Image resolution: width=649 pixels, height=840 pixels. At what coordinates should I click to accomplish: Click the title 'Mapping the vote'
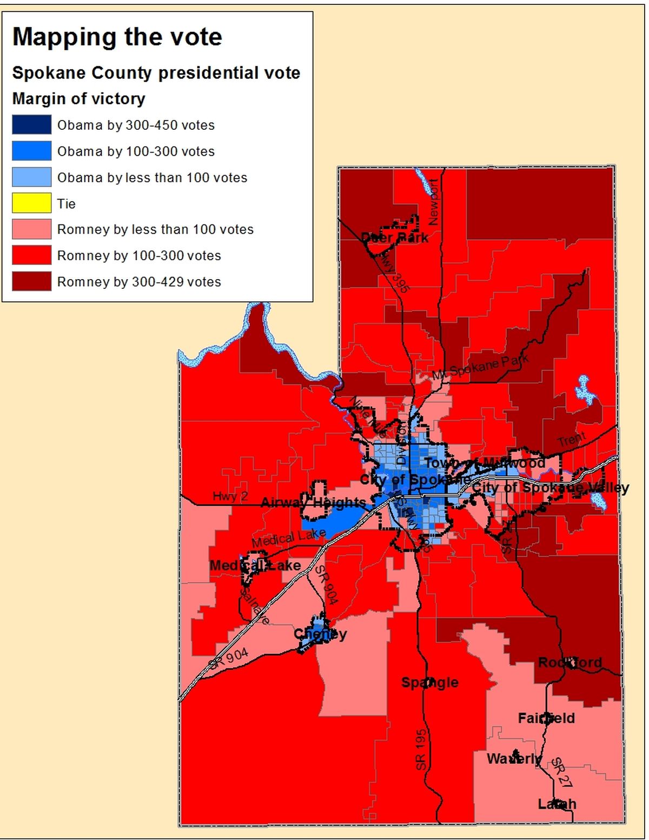click(x=117, y=37)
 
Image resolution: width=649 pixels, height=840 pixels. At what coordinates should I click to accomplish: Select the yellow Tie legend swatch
click(x=32, y=203)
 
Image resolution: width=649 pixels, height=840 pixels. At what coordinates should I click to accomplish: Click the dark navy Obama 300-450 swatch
click(x=32, y=125)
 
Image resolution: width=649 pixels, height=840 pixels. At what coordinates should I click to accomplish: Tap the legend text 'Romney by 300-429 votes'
click(x=139, y=282)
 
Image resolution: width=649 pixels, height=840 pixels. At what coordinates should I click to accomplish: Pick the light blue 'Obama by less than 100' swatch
click(x=32, y=177)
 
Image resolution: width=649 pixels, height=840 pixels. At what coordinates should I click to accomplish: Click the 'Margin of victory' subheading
click(x=79, y=99)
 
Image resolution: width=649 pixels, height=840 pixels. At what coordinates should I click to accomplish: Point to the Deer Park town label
click(x=394, y=237)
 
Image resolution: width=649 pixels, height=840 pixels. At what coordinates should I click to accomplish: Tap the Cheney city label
click(x=320, y=634)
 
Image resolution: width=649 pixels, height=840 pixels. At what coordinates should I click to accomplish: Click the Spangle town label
click(x=429, y=683)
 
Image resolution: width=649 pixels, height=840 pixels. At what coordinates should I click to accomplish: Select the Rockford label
click(x=569, y=663)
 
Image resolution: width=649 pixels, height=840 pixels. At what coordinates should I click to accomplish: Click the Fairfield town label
click(x=546, y=718)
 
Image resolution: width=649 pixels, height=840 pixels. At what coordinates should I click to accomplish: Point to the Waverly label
click(x=513, y=759)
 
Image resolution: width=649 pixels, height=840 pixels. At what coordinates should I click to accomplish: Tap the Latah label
click(x=557, y=804)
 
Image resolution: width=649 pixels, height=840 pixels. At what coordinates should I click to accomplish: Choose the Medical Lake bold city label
click(x=255, y=566)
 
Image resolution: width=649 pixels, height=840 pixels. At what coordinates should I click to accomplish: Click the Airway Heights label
click(x=313, y=502)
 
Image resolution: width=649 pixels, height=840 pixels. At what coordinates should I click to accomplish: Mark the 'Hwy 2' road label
click(x=230, y=496)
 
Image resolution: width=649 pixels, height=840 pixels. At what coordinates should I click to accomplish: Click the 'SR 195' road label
click(x=421, y=749)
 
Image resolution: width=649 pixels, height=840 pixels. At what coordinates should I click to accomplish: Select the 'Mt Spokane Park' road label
click(x=480, y=367)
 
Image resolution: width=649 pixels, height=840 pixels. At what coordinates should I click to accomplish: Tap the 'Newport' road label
click(x=433, y=202)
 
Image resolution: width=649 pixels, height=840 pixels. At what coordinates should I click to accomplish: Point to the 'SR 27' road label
click(x=561, y=772)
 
